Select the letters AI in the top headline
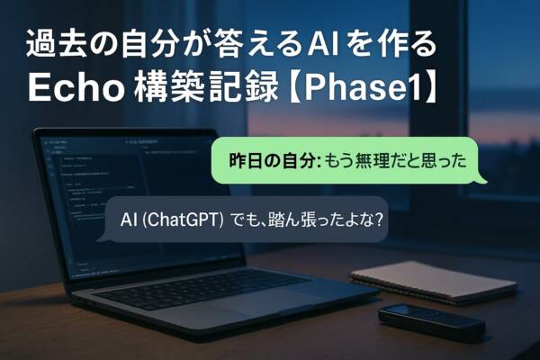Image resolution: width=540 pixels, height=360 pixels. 323,45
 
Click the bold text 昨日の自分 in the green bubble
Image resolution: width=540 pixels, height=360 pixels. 273,161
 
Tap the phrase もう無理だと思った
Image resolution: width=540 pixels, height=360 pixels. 396,161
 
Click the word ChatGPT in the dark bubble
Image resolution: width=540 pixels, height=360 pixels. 183,220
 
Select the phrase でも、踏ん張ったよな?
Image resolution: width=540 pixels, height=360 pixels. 306,220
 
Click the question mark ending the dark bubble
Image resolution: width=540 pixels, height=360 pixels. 379,220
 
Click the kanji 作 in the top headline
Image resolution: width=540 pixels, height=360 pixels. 390,45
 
